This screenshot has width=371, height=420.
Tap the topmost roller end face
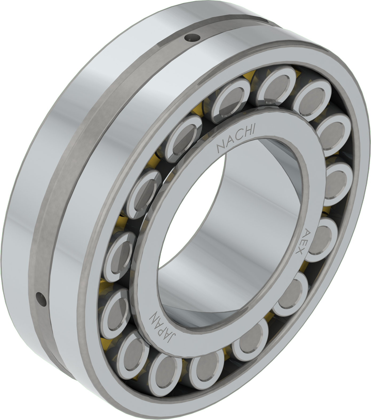pos(276,85)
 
